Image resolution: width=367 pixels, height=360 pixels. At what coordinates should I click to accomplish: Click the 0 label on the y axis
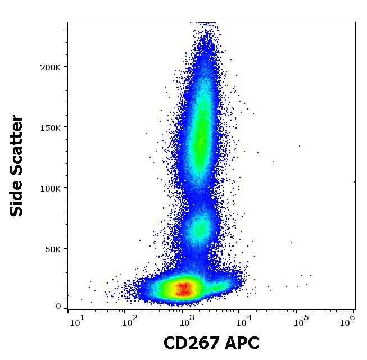(x=58, y=307)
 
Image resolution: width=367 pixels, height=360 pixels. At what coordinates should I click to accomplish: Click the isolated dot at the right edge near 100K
(x=354, y=181)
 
